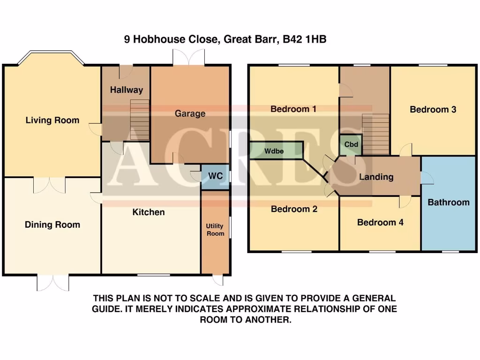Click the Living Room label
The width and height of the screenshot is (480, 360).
pos(52,120)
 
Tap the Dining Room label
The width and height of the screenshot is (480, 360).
pos(52,225)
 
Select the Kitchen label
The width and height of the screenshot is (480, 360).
pos(149,212)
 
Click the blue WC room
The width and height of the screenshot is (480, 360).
pos(215,177)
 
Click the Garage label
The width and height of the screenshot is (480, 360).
pos(190,113)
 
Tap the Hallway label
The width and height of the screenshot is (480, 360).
pos(126,90)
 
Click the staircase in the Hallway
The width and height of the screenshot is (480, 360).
pos(139,120)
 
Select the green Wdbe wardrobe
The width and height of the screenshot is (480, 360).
pos(276,151)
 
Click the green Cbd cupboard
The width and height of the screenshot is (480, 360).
pos(351,145)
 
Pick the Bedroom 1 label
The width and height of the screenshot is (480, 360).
pos(293,109)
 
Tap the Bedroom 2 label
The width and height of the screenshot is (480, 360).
pos(294,209)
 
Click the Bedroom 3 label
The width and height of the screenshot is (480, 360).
pos(433,110)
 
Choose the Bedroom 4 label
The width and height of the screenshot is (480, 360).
pos(380,222)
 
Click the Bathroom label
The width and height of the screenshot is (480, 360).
pos(448,202)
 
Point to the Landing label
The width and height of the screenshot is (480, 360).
pos(376,177)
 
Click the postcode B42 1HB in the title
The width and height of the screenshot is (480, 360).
pos(304,40)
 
